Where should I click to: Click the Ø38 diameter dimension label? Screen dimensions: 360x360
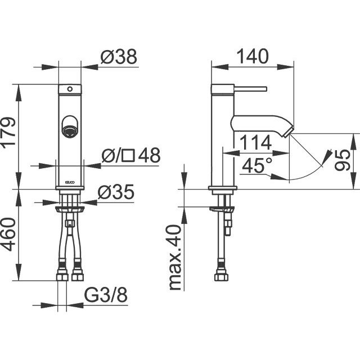tap(119, 56)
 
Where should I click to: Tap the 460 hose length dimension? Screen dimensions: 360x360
tap(8, 234)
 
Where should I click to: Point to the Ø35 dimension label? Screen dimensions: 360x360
tap(116, 192)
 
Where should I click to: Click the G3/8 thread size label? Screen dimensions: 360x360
tap(106, 295)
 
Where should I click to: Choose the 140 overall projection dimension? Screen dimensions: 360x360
tap(253, 56)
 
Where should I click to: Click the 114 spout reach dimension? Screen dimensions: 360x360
tap(255, 142)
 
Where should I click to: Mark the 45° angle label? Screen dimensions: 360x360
tap(257, 165)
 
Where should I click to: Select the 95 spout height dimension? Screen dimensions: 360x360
tap(343, 160)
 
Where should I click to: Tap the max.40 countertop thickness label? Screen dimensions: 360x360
tap(175, 257)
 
